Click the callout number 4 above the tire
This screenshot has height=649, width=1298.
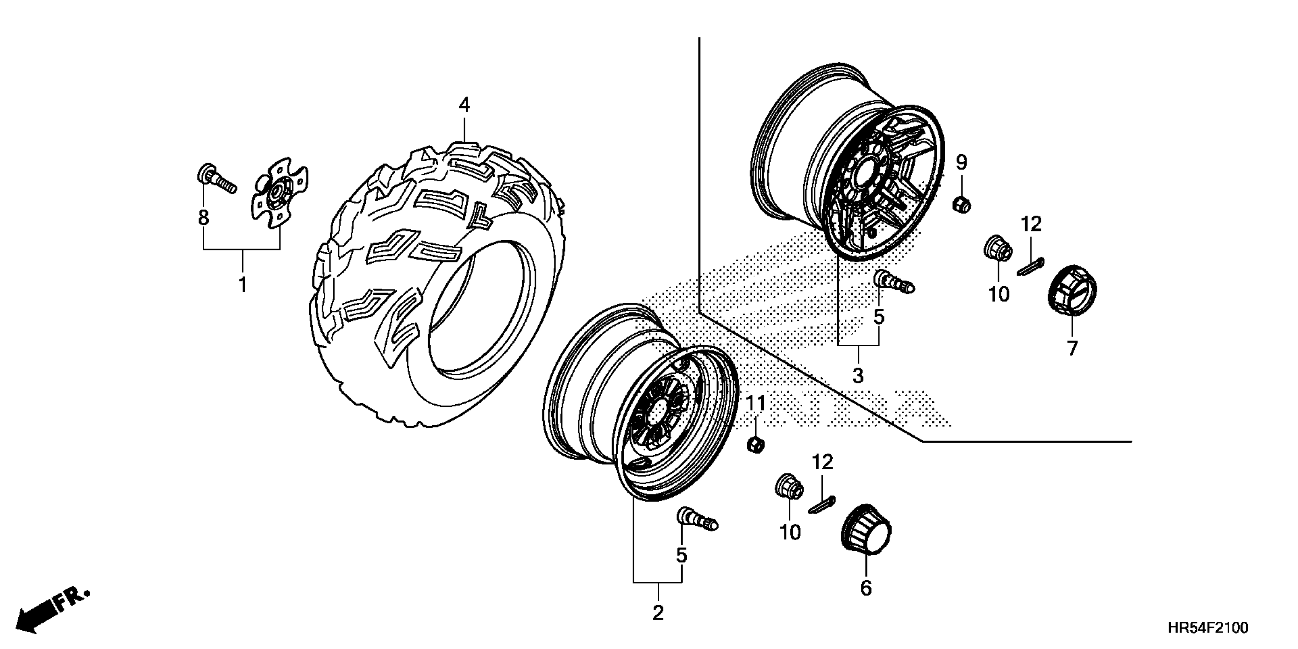point(464,105)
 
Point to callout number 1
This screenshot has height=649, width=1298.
point(243,285)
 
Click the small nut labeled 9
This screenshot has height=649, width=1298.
point(961,205)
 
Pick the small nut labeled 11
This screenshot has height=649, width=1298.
point(755,445)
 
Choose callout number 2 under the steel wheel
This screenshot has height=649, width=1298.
point(657,613)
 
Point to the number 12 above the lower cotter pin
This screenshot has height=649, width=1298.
point(822,462)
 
